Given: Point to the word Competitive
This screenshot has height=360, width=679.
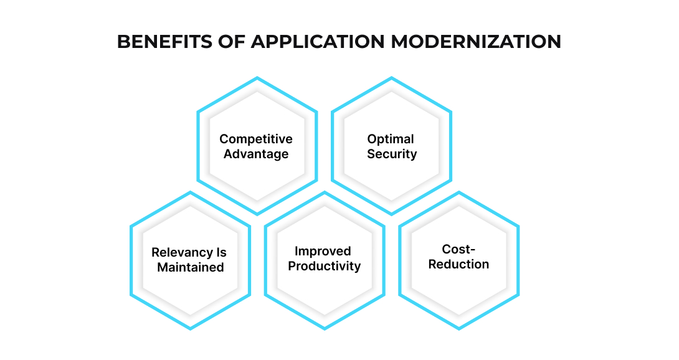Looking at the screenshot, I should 256,139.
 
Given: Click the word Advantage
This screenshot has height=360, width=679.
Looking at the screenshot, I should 256,154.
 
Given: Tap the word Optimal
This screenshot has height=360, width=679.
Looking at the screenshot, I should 391,139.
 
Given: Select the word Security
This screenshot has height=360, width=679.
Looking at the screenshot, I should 392,154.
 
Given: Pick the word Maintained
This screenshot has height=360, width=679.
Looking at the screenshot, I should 191,268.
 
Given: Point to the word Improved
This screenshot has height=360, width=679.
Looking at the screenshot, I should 323,251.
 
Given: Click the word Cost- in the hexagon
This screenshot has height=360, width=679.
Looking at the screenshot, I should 458,249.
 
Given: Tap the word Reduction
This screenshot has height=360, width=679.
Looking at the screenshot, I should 459,264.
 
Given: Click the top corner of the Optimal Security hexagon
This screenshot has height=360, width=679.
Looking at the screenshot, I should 391,78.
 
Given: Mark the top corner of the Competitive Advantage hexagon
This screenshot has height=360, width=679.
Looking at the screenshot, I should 257,78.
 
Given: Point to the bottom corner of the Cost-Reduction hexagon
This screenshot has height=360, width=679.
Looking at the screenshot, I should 459,328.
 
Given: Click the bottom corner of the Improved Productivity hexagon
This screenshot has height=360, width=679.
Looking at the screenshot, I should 325,328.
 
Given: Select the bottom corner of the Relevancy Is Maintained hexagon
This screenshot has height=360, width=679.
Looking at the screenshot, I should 191,328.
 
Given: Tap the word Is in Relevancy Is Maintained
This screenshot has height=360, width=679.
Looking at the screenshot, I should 221,253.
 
